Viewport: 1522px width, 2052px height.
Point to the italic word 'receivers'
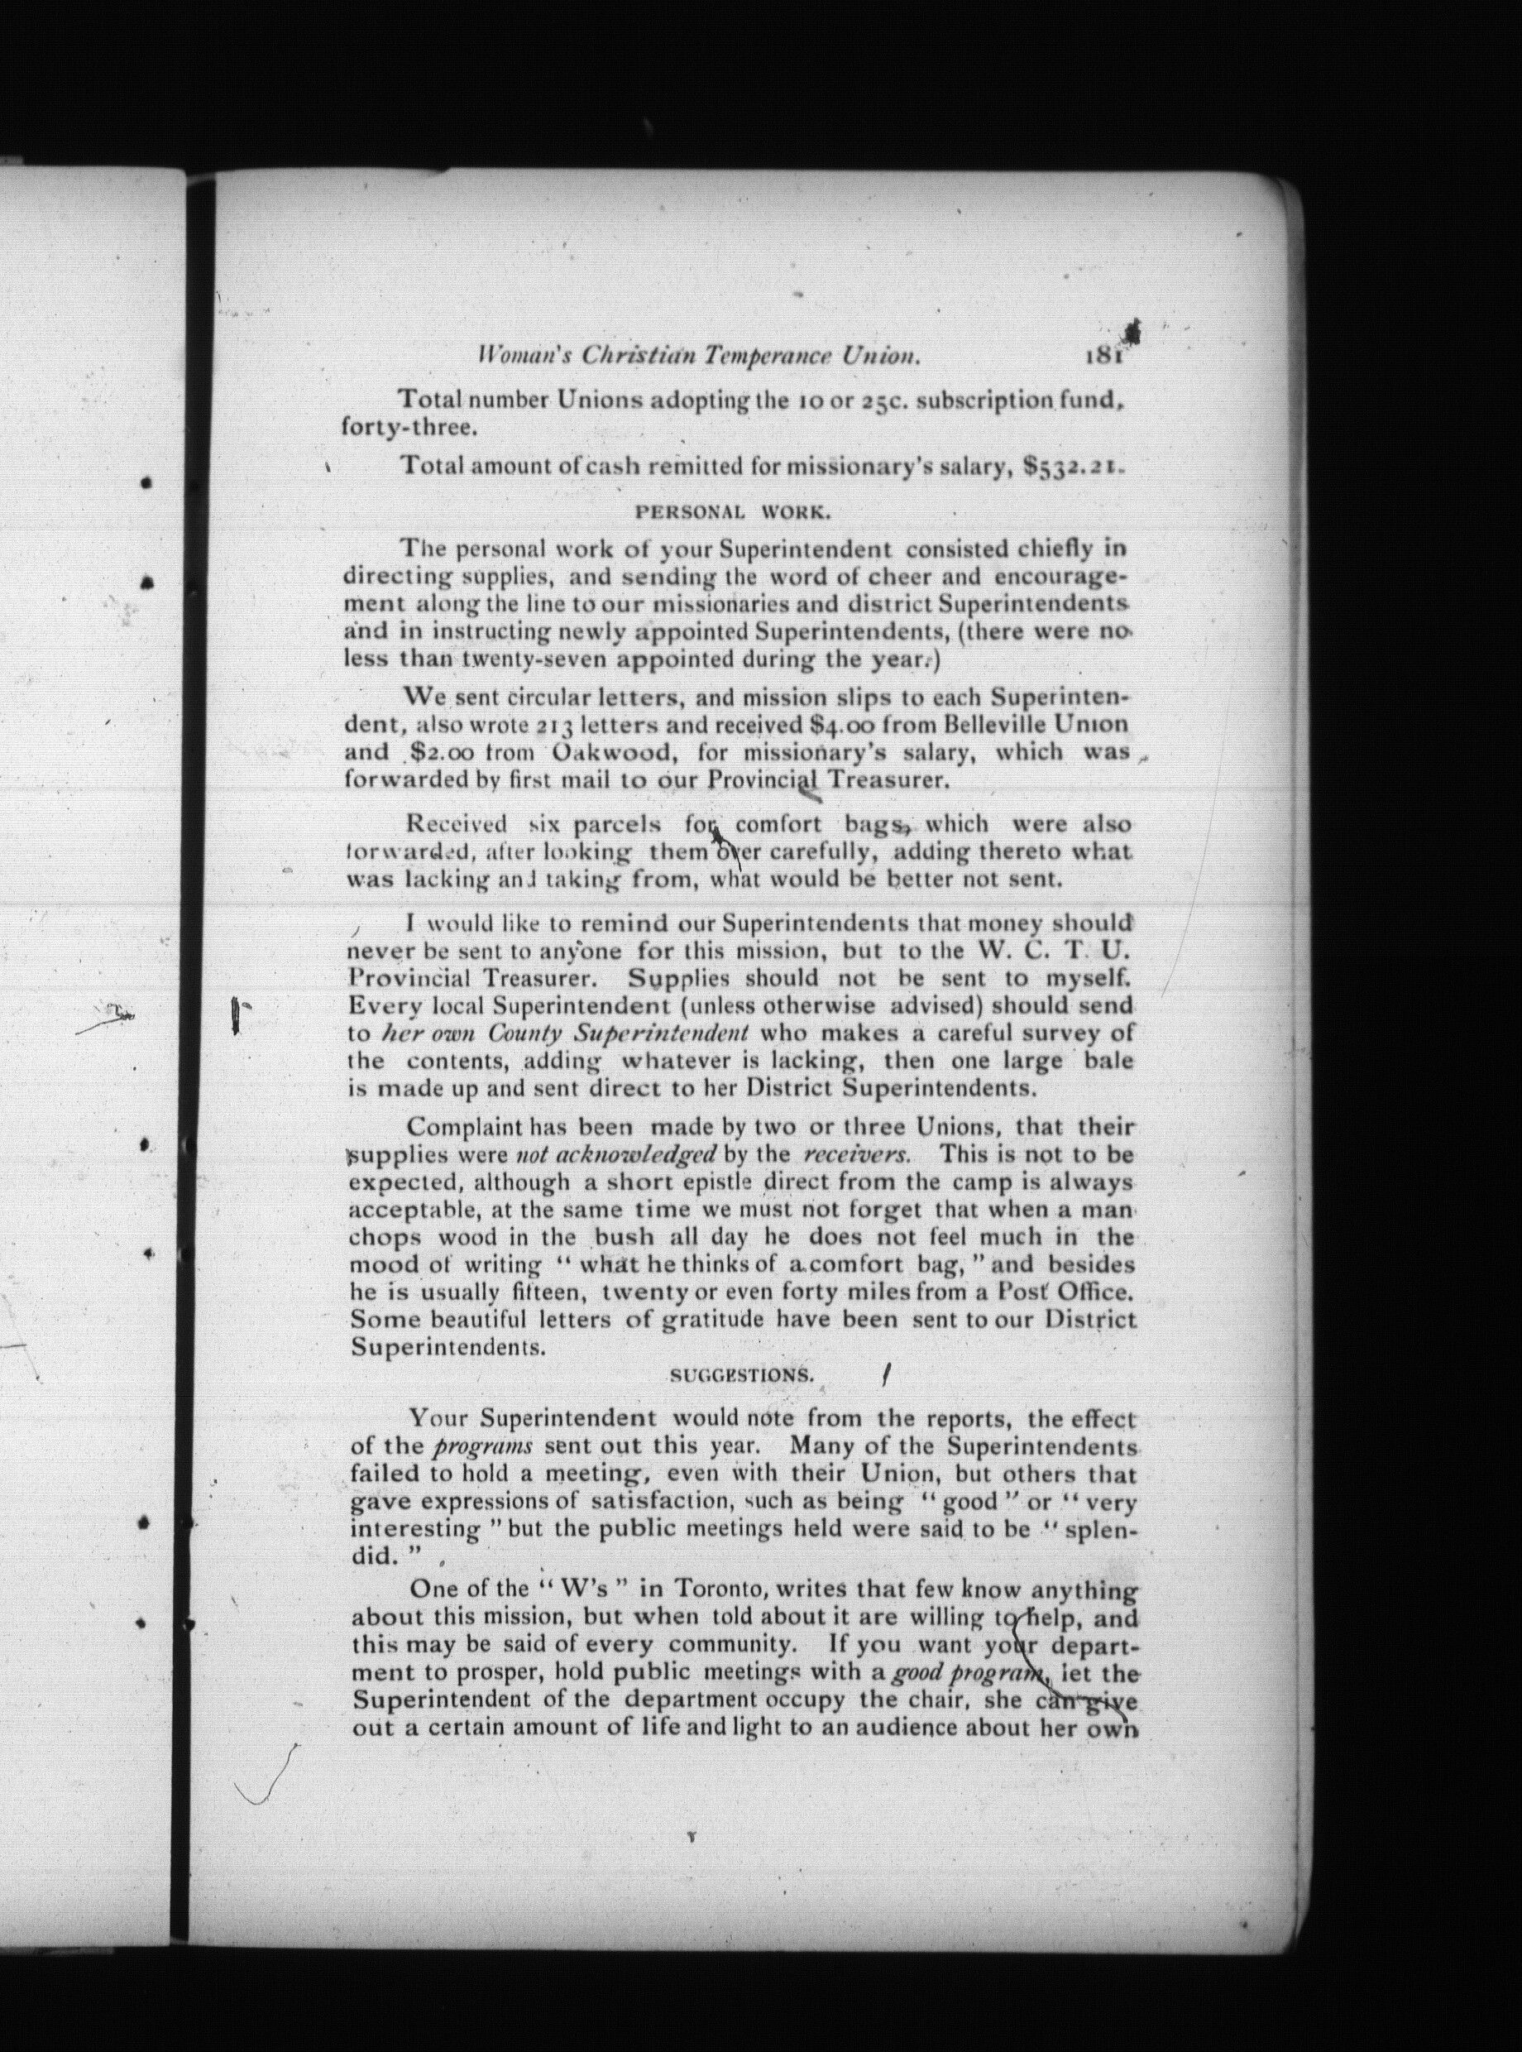(857, 1154)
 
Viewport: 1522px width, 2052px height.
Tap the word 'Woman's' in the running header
(512, 356)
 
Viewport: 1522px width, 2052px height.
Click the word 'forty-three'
(409, 429)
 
